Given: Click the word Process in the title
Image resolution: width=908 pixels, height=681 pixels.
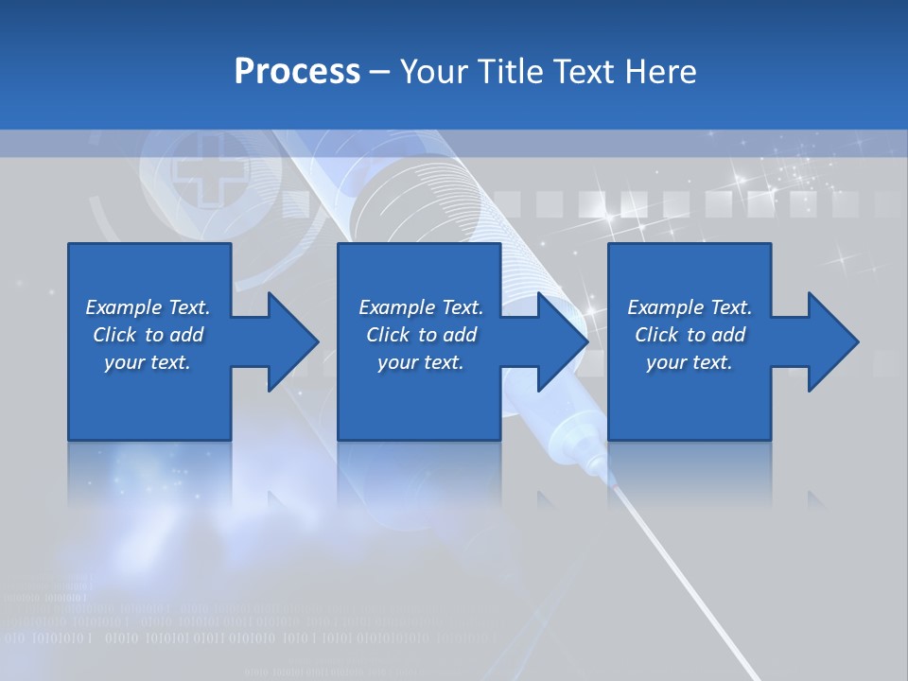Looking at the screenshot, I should [297, 72].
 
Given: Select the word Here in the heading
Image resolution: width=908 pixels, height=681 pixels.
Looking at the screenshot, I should [660, 72].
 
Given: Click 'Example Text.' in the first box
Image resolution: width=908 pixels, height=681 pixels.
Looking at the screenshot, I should [148, 307].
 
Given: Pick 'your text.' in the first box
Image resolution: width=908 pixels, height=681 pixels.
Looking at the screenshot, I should [148, 362].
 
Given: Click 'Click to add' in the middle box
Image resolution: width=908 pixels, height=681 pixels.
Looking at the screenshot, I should [421, 335].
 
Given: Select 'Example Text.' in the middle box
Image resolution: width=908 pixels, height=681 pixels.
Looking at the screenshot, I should [421, 307].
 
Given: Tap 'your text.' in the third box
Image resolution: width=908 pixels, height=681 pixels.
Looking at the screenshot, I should [690, 362].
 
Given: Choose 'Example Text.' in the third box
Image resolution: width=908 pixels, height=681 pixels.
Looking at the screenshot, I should [690, 307].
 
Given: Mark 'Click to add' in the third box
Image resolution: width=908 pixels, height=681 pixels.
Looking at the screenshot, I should [690, 335].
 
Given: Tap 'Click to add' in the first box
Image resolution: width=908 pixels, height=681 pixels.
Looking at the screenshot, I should [148, 335].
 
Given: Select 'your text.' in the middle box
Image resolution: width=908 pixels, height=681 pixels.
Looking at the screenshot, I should [421, 362].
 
